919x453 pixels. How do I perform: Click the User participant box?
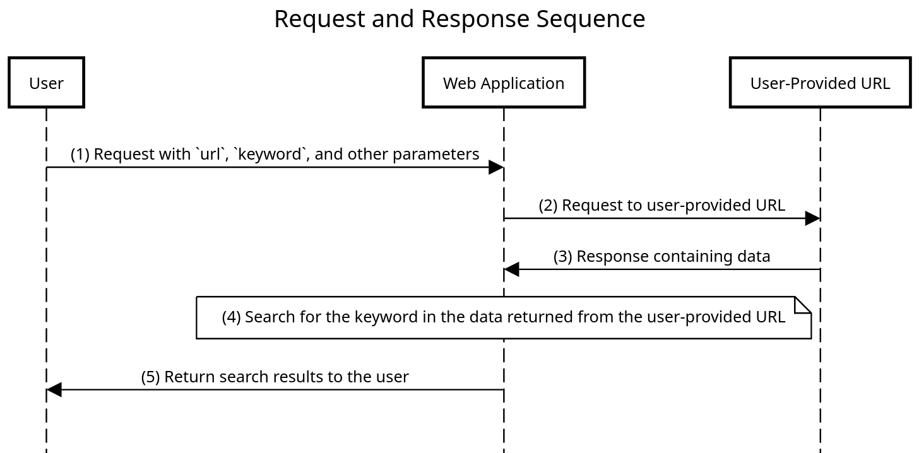(x=46, y=83)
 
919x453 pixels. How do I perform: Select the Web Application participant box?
(x=503, y=83)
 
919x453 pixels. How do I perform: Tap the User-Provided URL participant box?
(x=820, y=83)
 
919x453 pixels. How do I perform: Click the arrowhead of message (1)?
(x=496, y=167)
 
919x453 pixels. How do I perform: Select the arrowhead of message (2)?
(x=812, y=218)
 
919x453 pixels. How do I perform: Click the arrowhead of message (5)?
(x=54, y=390)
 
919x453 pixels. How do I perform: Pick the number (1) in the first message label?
(x=80, y=154)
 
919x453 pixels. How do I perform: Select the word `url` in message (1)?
(x=211, y=154)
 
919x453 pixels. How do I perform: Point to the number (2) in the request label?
(x=548, y=205)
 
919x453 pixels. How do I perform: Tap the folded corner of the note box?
(x=803, y=305)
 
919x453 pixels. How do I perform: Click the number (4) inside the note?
(x=231, y=317)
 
